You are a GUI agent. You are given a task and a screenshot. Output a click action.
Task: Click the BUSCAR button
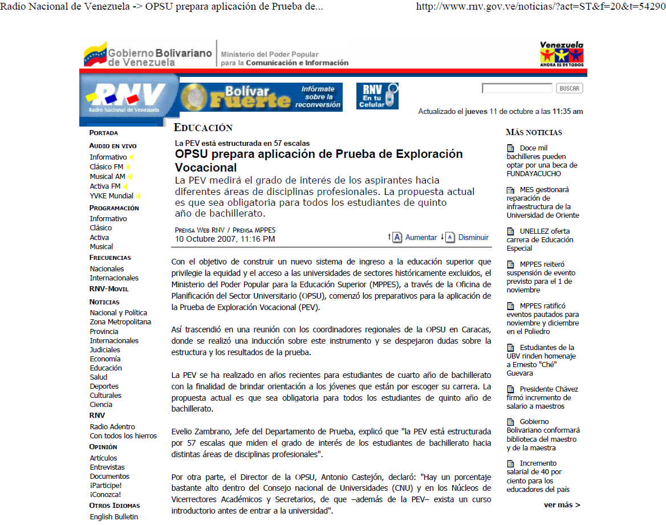[569, 88]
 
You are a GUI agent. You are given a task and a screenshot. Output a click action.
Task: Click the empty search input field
[517, 88]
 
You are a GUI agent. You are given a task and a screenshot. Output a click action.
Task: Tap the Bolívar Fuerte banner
[261, 97]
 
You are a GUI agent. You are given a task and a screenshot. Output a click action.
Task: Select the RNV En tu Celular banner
[377, 96]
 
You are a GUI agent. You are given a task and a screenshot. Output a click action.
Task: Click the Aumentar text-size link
[421, 237]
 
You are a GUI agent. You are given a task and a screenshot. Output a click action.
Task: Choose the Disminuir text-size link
[473, 237]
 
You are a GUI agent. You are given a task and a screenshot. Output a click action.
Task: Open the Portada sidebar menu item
[104, 132]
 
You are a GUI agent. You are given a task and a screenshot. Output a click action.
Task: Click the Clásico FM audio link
[106, 166]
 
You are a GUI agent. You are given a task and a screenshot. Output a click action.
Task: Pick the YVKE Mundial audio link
[111, 196]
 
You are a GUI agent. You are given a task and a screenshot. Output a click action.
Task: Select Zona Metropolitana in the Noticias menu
[120, 321]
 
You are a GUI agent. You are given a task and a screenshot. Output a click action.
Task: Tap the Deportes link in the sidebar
[104, 386]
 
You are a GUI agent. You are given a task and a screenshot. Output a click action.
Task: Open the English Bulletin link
[113, 516]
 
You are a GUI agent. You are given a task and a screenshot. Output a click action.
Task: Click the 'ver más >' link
[562, 504]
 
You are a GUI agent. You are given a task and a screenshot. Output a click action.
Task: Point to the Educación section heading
[203, 128]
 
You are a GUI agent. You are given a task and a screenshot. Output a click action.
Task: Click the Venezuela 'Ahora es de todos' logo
[562, 54]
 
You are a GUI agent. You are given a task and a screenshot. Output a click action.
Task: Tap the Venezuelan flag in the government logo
[95, 54]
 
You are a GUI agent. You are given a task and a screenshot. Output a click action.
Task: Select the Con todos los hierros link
[123, 436]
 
